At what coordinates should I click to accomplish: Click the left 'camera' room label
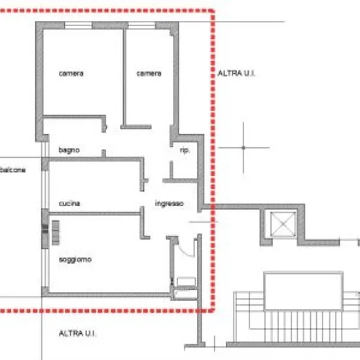71,73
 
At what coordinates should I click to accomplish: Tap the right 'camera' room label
149,73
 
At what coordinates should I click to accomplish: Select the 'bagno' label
69,150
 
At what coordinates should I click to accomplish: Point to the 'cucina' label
69,204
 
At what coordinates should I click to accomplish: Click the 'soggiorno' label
75,260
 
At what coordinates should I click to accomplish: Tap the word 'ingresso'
170,204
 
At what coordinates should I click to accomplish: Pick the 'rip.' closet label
185,151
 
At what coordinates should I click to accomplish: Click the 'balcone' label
12,170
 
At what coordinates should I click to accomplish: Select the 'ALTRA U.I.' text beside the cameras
236,73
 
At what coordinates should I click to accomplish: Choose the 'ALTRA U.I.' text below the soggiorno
77,333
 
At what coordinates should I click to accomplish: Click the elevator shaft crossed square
283,224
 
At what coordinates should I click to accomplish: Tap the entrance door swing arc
185,251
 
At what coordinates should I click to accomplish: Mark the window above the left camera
79,26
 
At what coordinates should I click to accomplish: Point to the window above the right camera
141,26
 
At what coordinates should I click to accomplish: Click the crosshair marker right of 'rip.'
243,148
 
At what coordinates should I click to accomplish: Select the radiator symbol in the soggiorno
56,232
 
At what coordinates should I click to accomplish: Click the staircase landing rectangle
303,291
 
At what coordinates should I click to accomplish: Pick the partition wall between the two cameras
124,77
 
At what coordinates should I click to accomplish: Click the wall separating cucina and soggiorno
95,214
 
